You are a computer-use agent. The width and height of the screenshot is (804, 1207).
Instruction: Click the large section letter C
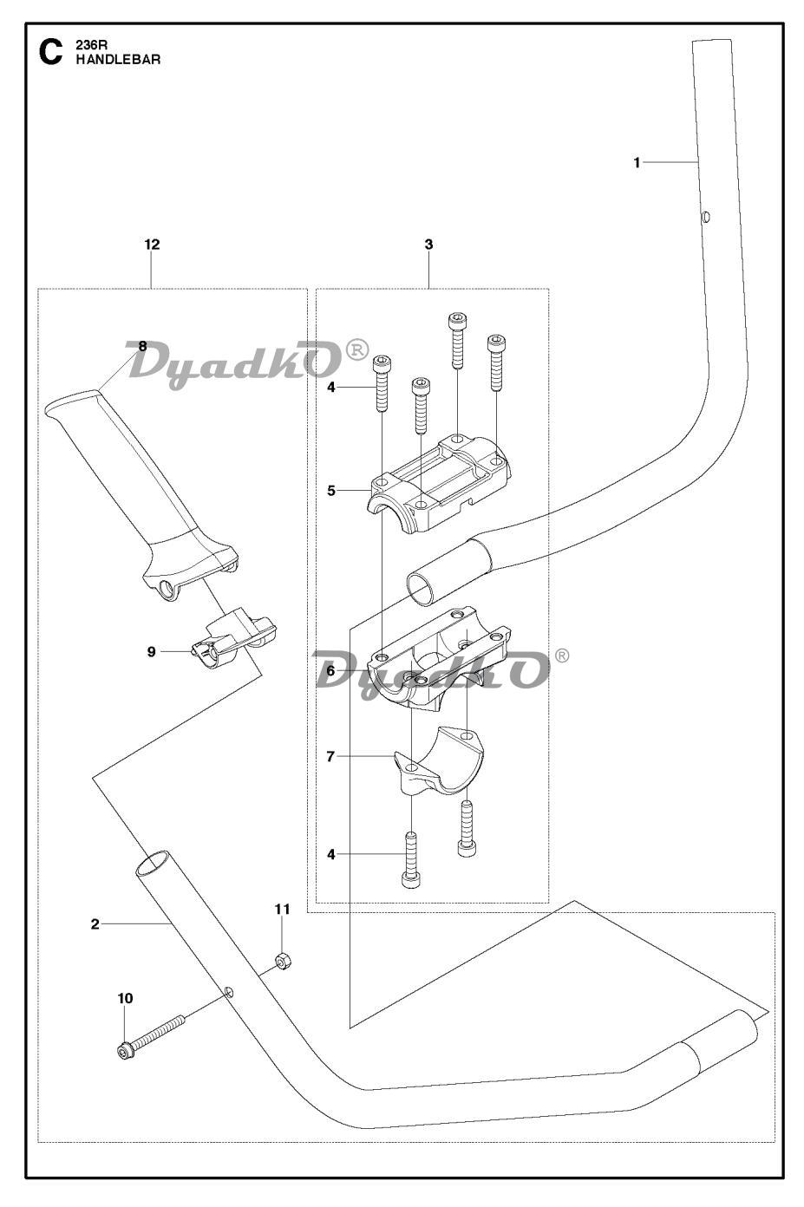tap(50, 53)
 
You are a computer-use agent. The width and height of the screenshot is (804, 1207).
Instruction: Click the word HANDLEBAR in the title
tap(118, 60)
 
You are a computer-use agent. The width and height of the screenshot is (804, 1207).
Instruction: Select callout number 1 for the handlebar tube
tap(637, 162)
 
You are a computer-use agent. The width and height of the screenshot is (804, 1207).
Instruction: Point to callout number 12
tap(152, 245)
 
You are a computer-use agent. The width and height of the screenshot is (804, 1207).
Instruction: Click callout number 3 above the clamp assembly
tap(428, 245)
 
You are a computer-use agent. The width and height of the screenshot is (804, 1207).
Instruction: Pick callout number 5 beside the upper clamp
tap(330, 491)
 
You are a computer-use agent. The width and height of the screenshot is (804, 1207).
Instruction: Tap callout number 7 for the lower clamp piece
tap(330, 756)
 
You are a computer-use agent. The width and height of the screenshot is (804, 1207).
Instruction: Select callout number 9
tap(152, 652)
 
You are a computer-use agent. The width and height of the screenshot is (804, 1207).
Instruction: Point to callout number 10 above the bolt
tap(125, 999)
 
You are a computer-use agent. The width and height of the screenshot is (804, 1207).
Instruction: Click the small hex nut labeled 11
tap(281, 961)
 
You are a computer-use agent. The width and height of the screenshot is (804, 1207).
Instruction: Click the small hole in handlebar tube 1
tap(705, 217)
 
